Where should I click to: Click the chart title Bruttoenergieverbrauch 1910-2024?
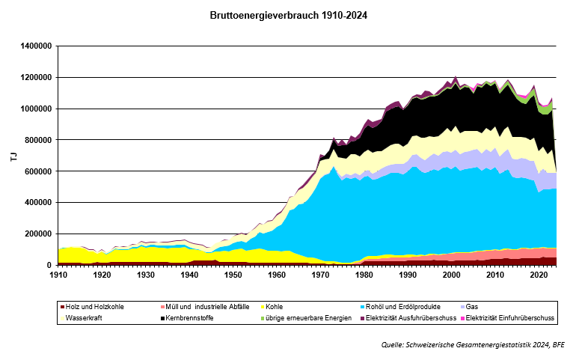click(289, 15)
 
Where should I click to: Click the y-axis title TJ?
click(13, 156)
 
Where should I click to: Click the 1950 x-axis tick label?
click(233, 275)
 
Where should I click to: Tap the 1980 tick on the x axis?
click(364, 275)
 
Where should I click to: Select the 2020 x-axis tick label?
click(539, 275)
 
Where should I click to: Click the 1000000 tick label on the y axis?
click(34, 109)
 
